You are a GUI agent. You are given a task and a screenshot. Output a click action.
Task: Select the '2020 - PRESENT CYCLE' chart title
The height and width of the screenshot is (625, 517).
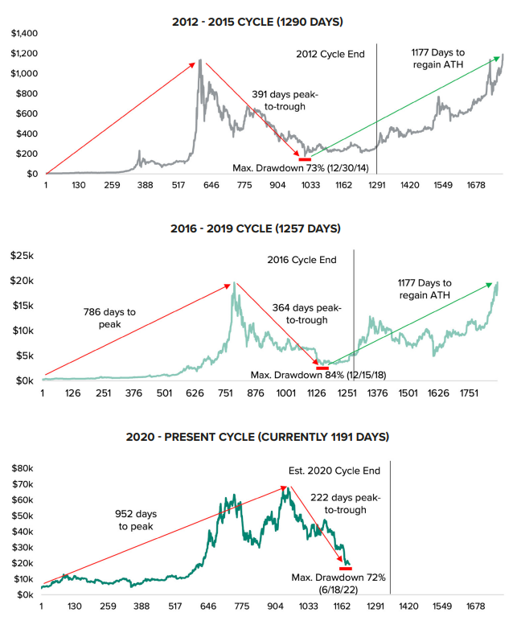(x=257, y=438)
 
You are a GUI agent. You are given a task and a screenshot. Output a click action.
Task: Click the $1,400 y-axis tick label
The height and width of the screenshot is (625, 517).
(x=23, y=33)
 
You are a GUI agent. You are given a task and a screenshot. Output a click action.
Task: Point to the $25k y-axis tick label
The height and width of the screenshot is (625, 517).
(x=21, y=256)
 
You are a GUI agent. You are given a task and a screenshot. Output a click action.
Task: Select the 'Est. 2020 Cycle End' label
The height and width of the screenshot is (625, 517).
(x=334, y=471)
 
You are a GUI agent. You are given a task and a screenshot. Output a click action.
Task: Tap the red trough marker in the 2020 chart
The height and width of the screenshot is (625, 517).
(x=346, y=568)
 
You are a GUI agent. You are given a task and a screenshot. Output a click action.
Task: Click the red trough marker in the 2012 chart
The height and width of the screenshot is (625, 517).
(x=305, y=159)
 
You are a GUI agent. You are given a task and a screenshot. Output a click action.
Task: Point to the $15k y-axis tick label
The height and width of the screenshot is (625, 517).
(x=21, y=306)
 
